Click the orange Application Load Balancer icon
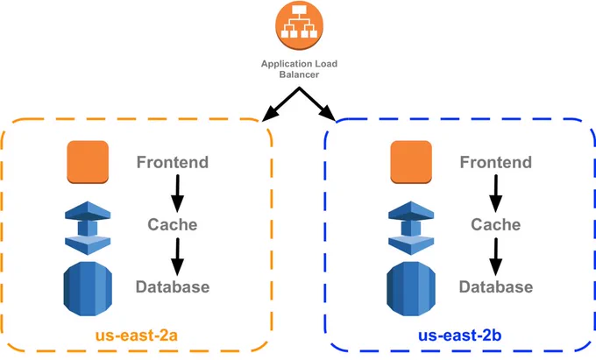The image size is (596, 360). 299,25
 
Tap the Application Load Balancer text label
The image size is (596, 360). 299,69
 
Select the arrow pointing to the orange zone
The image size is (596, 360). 280,104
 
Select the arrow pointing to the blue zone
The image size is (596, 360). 318,104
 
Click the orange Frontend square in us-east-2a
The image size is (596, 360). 88,162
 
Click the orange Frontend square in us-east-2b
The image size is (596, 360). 411,162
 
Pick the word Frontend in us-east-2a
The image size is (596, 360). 173,162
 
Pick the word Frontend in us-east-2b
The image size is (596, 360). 496,162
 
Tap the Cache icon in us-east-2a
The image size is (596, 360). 88,228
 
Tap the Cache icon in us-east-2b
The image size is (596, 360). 411,228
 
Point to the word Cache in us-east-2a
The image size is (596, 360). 173,224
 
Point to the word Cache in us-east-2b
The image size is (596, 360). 496,224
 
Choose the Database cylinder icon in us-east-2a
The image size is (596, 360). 88,288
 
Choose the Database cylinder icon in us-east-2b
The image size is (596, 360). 411,288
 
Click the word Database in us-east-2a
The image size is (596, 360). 173,286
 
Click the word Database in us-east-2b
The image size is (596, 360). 496,286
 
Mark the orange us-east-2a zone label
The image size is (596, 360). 137,335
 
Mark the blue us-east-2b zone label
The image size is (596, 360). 459,335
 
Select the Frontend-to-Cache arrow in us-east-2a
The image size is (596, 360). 177,194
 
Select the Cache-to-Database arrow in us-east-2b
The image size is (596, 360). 496,258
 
